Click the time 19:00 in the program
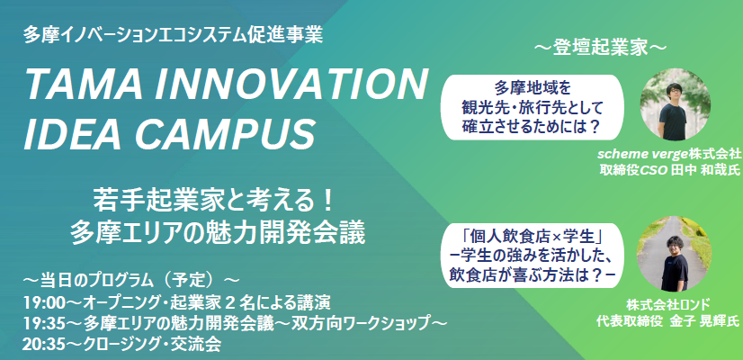click(40, 302)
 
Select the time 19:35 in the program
click(40, 323)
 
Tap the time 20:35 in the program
click(40, 345)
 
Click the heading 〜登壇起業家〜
click(600, 49)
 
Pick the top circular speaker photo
click(676, 103)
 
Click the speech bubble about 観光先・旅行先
click(533, 107)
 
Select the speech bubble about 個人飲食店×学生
click(533, 256)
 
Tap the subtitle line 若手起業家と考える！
click(215, 202)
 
